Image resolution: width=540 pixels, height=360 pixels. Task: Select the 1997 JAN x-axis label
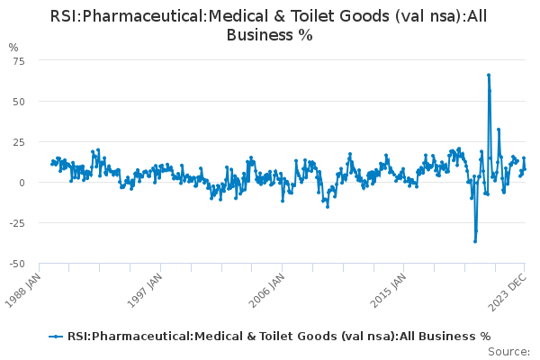click(145, 290)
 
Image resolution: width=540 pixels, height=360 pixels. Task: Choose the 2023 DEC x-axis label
click(510, 290)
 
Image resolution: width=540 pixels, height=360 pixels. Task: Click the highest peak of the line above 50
click(488, 75)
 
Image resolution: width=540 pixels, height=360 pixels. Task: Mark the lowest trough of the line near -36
click(475, 241)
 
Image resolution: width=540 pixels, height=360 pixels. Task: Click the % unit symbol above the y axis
click(13, 47)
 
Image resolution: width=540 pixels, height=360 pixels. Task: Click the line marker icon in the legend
click(57, 336)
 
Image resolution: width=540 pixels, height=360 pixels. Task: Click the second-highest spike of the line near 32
click(499, 130)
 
